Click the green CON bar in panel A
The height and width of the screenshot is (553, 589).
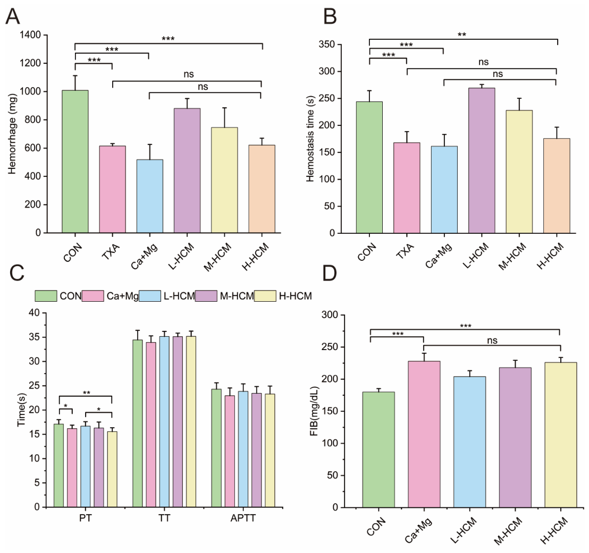(75, 161)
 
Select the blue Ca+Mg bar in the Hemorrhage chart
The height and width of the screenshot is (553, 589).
(150, 196)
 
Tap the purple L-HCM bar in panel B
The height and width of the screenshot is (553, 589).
(482, 160)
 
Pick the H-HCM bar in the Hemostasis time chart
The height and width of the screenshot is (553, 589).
(557, 186)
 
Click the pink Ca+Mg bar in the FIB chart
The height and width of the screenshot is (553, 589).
(424, 435)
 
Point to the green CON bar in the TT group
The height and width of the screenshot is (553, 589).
(138, 423)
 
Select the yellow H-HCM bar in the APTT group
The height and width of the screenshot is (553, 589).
(270, 450)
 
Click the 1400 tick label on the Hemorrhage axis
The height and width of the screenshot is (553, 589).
(30, 35)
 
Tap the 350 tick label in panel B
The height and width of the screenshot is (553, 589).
(327, 44)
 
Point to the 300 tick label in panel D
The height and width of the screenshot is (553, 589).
(330, 314)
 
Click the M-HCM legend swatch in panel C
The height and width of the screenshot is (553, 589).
(206, 296)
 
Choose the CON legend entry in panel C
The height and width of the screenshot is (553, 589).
(58, 296)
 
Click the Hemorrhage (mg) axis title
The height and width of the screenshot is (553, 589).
(12, 134)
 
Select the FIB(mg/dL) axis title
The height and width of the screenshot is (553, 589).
(314, 411)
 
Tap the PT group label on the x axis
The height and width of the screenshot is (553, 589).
(85, 518)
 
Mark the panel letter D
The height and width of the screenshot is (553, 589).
(330, 273)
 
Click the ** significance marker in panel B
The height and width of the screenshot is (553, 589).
(461, 35)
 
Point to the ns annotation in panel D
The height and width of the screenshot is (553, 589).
(492, 341)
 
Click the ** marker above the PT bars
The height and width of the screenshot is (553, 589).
(87, 393)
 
